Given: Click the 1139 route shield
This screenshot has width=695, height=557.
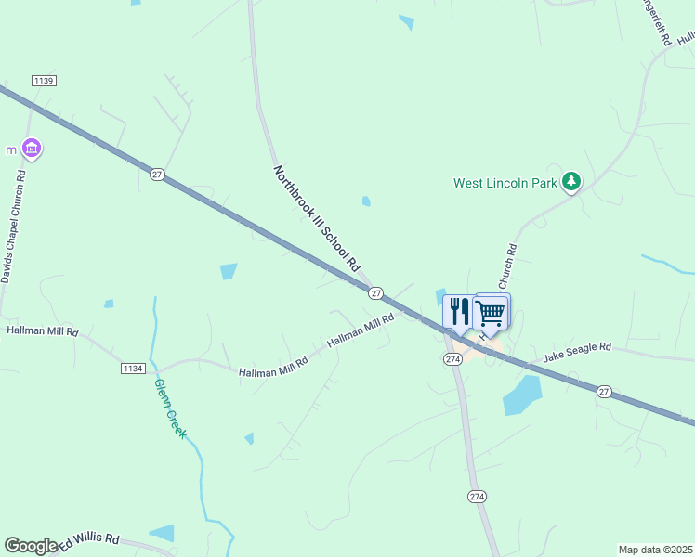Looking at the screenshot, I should (x=44, y=81).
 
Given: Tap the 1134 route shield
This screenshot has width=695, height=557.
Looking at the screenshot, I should (x=133, y=369).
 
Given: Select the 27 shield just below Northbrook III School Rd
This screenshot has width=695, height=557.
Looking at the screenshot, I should (x=375, y=293).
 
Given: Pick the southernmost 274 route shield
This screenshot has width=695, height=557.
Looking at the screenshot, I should (x=477, y=497).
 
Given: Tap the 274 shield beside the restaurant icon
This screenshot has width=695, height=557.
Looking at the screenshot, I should (x=452, y=358).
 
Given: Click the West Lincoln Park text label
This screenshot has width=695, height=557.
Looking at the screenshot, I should (x=505, y=183).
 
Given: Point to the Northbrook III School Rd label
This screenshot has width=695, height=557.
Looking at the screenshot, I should (x=316, y=218).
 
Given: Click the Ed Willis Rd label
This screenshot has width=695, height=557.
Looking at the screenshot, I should (x=90, y=540).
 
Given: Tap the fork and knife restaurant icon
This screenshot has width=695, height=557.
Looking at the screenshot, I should (x=459, y=313).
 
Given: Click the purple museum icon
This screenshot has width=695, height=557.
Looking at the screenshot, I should (x=32, y=149).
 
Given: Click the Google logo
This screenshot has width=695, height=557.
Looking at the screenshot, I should (x=31, y=546).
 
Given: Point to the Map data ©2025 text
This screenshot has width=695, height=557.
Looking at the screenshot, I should (x=655, y=550).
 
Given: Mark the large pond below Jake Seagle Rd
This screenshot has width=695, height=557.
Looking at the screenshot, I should (x=522, y=395).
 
